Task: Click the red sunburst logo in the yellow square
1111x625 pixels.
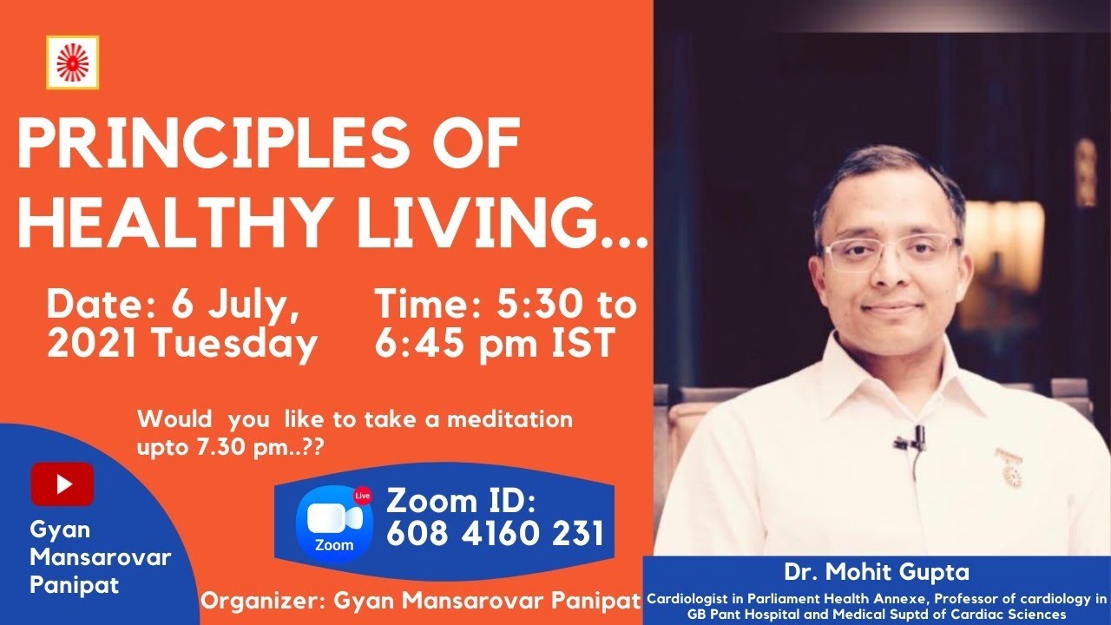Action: [72, 62]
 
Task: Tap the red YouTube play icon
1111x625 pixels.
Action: [62, 484]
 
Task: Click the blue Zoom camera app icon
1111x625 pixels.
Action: [334, 523]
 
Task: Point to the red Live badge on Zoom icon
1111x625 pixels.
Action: [363, 496]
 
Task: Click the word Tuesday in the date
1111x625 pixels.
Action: [234, 344]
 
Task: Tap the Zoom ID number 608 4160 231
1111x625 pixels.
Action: [495, 533]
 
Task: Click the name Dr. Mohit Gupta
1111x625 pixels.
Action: [877, 572]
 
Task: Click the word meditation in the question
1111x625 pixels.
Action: [509, 419]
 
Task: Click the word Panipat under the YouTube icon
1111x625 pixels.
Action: [75, 585]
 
